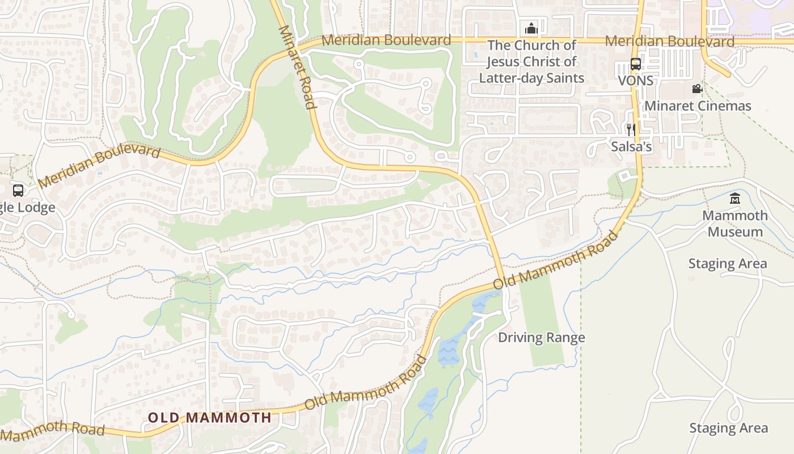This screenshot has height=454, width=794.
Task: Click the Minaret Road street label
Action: [297, 67]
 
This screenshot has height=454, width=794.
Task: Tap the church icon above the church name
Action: [531, 27]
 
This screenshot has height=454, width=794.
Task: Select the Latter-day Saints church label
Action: [531, 61]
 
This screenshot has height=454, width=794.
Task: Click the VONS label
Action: [635, 81]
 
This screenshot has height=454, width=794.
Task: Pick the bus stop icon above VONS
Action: [636, 64]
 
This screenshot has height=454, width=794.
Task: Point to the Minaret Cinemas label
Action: [697, 106]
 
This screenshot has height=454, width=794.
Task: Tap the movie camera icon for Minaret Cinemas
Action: [697, 89]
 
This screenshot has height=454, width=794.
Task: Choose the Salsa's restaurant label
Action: [631, 146]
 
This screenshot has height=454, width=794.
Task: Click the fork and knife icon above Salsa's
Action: [631, 130]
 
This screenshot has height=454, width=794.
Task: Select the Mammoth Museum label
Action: [735, 224]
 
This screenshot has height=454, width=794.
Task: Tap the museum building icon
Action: [735, 199]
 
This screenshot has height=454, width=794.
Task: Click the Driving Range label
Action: [541, 338]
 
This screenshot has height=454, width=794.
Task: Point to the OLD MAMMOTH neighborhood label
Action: [210, 418]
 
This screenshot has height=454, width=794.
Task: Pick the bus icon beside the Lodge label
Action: [18, 191]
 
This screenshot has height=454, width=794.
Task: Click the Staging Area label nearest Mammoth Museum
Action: [727, 264]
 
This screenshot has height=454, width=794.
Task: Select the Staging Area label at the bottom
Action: [728, 428]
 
